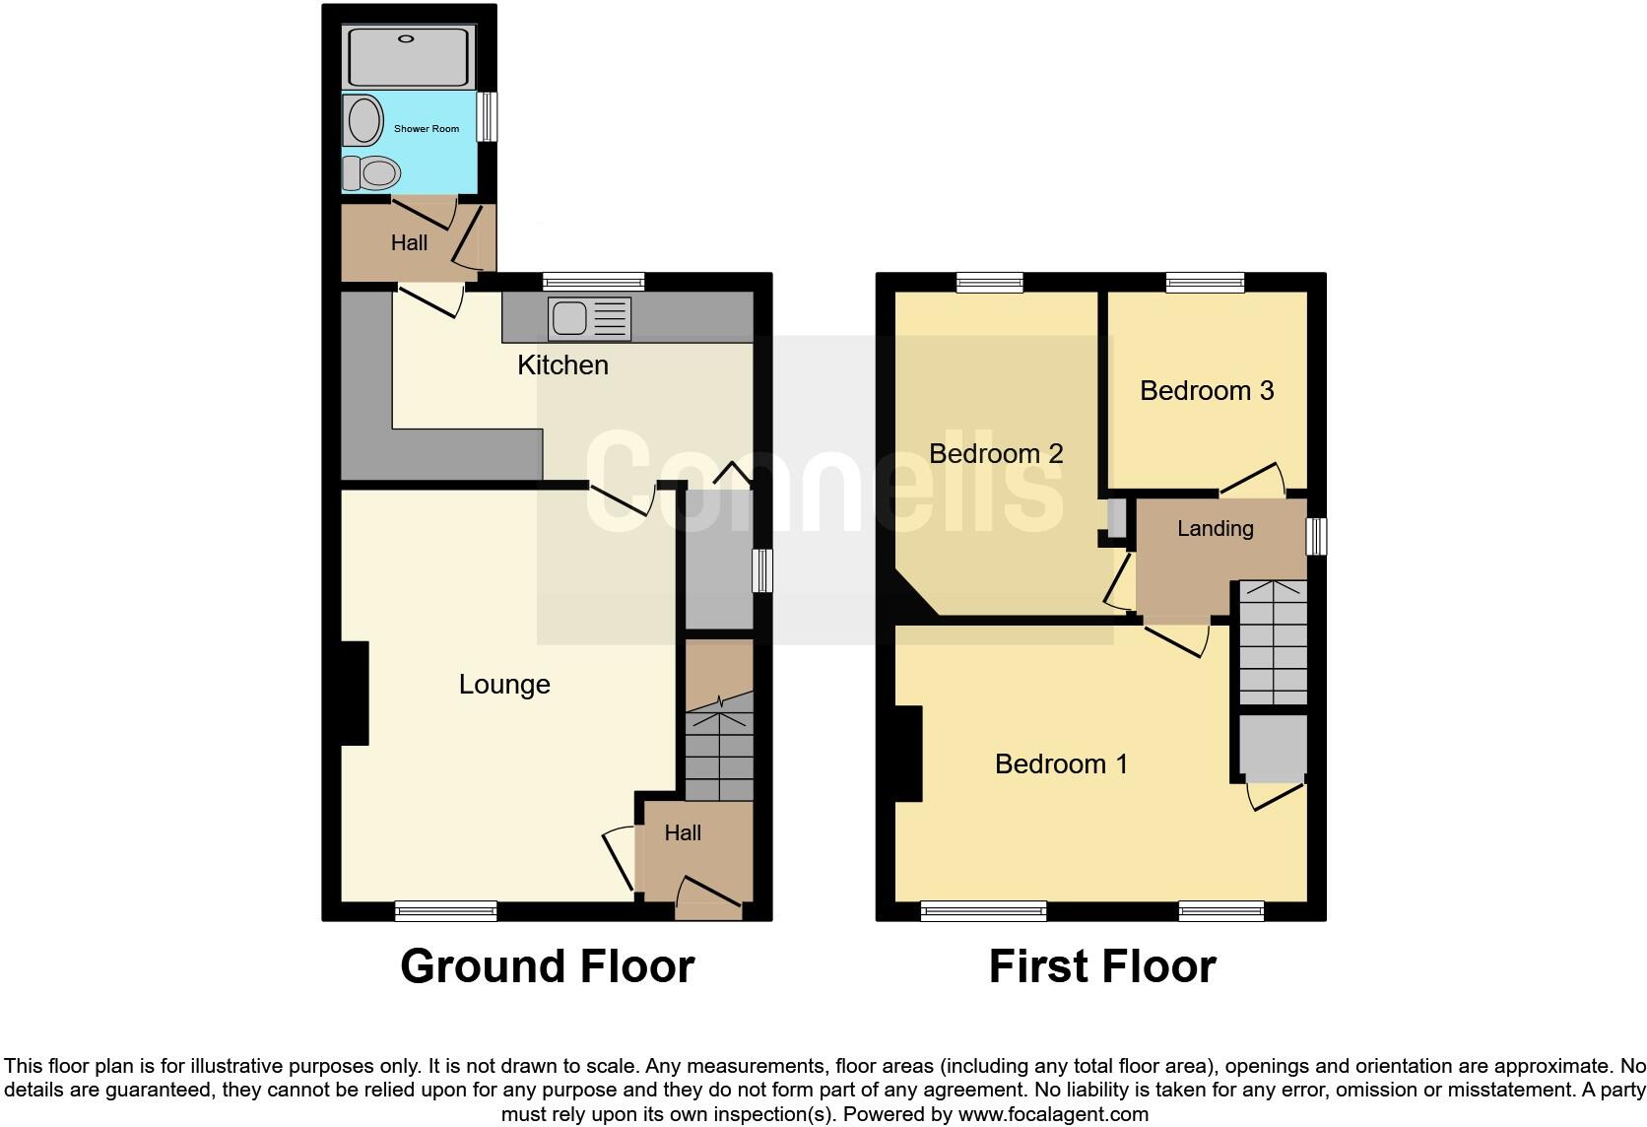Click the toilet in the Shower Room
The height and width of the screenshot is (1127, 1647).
[x=372, y=173]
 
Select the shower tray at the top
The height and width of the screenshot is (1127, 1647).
[x=409, y=57]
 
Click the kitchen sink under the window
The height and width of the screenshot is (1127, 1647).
[x=589, y=319]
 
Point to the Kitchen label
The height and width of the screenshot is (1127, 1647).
[x=562, y=365]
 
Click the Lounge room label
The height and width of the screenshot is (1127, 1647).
[x=504, y=685]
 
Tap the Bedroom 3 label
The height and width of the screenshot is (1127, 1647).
[x=1206, y=391]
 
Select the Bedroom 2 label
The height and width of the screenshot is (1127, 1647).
[x=996, y=454]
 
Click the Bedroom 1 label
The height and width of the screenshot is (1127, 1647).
[x=1061, y=764]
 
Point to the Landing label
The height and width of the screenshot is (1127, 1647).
[x=1215, y=529]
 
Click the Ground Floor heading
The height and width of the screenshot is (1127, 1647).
[x=547, y=966]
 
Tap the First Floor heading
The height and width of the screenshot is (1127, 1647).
[x=1101, y=966]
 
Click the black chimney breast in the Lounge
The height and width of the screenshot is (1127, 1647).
[x=355, y=693]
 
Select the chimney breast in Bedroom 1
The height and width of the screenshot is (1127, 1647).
[x=908, y=754]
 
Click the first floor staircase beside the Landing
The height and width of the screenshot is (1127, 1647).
[x=1273, y=642]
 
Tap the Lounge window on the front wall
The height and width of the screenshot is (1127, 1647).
[x=445, y=911]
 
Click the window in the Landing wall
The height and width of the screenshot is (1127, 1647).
[x=1316, y=537]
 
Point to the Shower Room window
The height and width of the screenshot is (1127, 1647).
[x=486, y=116]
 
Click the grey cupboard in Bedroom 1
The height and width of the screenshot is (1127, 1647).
[x=1273, y=748]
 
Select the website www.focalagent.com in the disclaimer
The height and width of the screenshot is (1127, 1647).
[x=1053, y=1114]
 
